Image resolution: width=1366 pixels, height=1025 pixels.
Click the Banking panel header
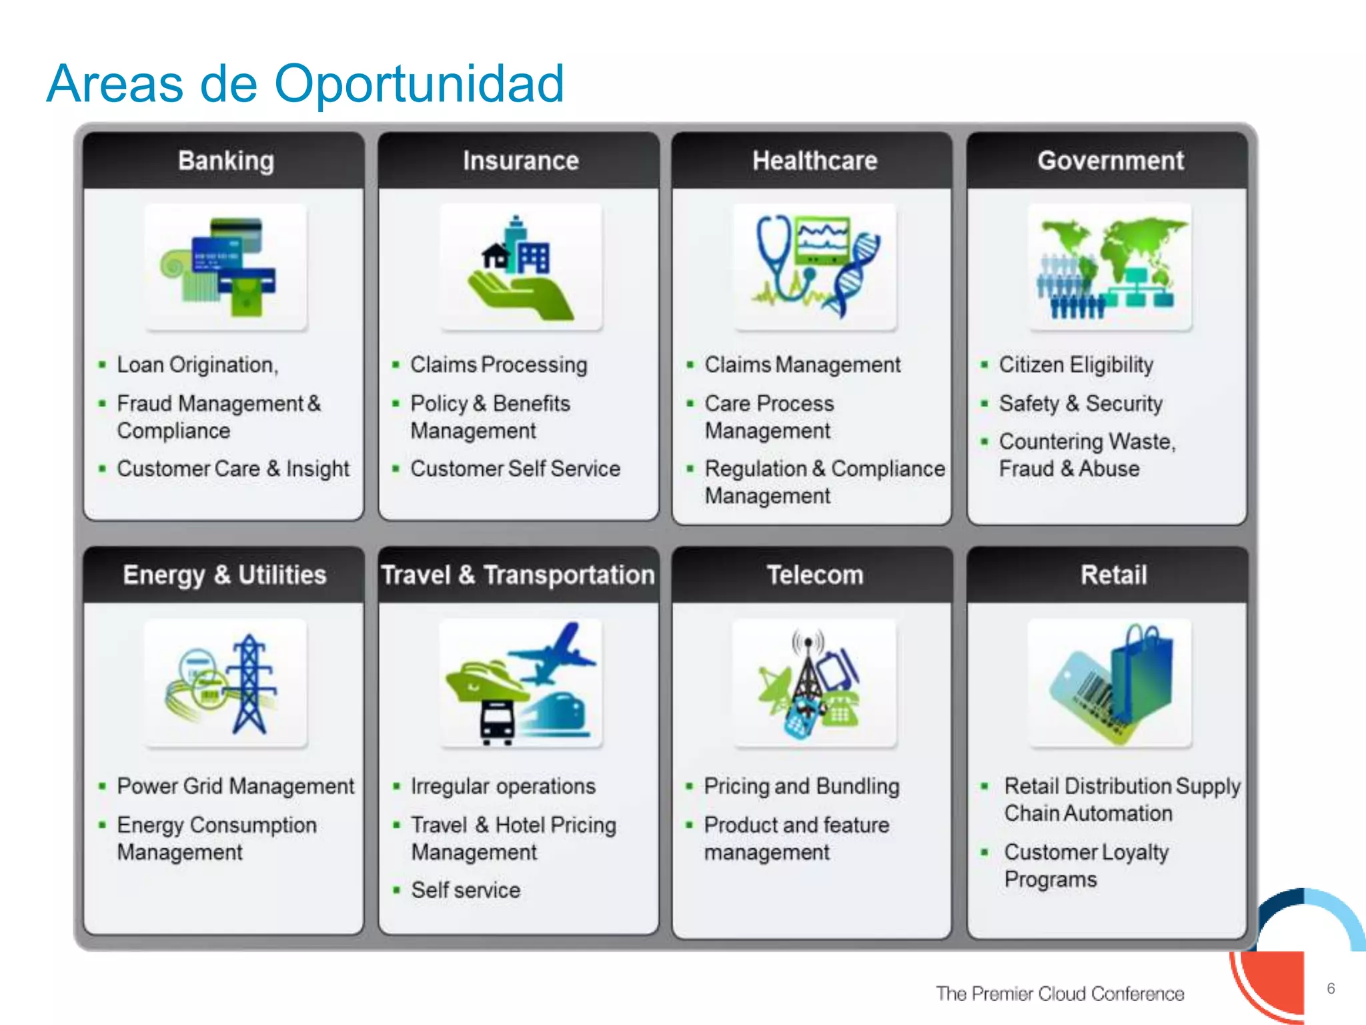pos(225,161)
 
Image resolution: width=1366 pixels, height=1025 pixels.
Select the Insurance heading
pos(520,161)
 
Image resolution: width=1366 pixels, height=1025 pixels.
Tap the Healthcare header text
pos(814,161)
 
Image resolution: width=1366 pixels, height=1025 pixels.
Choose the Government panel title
pos(1111,161)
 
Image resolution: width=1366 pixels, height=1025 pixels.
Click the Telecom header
pos(814,575)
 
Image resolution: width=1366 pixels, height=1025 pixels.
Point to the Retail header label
pos(1113,575)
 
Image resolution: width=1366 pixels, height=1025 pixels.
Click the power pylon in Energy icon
pos(250,684)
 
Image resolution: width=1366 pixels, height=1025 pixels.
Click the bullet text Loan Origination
pos(197,365)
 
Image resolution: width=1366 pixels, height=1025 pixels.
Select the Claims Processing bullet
pos(498,365)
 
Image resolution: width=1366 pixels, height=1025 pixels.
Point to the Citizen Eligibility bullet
pos(1075,365)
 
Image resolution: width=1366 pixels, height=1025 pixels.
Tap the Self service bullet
pos(465,890)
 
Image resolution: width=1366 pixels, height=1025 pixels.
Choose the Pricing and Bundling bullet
pos(801,786)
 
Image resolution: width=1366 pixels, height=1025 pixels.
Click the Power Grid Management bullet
pos(235,786)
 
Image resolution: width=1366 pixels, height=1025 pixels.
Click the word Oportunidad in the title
pos(419,84)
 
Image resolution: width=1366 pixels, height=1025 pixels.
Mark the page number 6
pos(1331,988)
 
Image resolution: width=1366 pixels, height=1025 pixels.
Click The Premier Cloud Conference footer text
pos(1059,994)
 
